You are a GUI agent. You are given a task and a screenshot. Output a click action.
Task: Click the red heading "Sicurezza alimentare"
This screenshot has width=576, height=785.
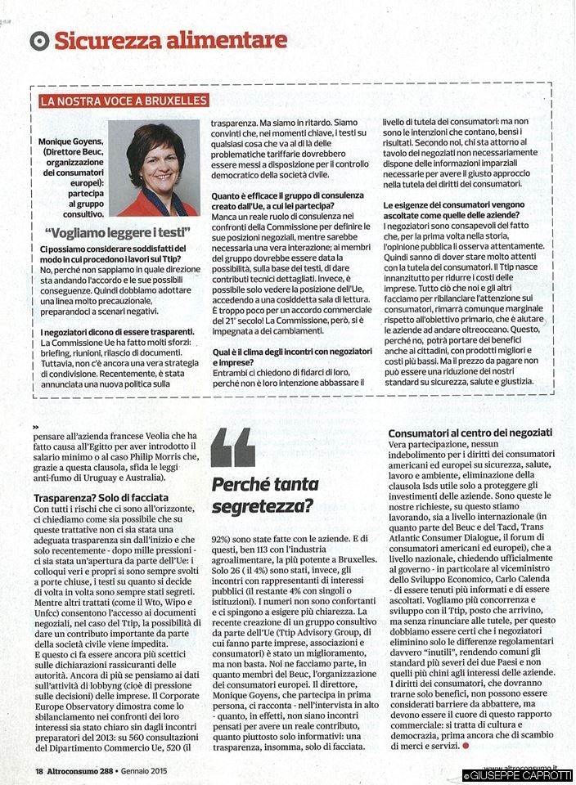coord(170,40)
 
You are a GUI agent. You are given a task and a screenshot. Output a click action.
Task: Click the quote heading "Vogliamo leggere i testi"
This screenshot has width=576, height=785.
coord(118,232)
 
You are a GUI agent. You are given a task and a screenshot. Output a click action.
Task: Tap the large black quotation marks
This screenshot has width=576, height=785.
coord(232,447)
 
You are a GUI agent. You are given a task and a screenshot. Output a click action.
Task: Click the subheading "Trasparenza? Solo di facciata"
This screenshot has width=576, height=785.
coord(101,496)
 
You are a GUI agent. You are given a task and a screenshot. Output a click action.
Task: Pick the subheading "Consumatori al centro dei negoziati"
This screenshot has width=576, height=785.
coord(470,432)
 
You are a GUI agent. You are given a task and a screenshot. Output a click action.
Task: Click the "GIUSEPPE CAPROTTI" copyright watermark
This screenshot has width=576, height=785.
coord(519,775)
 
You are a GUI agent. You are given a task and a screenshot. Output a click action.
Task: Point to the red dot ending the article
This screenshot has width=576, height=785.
coord(466,745)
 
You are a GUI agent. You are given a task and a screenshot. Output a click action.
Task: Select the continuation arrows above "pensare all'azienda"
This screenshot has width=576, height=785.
coord(36,428)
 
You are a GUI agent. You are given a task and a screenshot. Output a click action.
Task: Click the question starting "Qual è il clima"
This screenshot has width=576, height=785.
coord(286,357)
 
